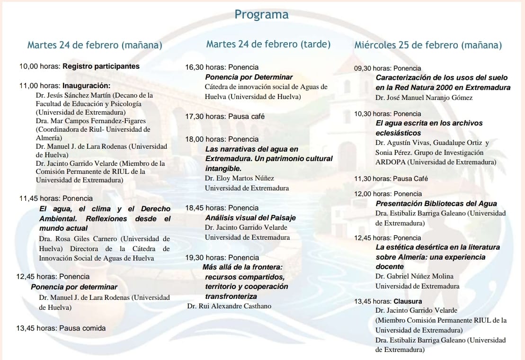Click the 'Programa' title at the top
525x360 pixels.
click(x=261, y=15)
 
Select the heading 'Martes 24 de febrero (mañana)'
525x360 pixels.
click(x=95, y=45)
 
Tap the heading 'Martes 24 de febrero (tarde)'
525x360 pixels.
click(x=268, y=44)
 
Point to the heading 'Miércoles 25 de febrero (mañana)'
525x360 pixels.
click(x=427, y=45)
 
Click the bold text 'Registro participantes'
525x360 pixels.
click(x=101, y=66)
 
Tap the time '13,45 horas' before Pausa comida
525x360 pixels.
click(x=36, y=328)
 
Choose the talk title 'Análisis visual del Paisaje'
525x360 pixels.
click(x=250, y=217)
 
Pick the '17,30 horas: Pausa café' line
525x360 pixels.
click(x=225, y=116)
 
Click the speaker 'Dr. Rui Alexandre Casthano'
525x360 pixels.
click(x=229, y=306)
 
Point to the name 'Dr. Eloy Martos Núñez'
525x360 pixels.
click(x=240, y=178)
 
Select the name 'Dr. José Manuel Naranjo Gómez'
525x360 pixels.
click(x=424, y=98)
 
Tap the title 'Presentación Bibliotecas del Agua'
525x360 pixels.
click(x=436, y=203)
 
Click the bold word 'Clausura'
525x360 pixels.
click(x=407, y=301)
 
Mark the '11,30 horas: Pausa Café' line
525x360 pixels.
click(x=391, y=179)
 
